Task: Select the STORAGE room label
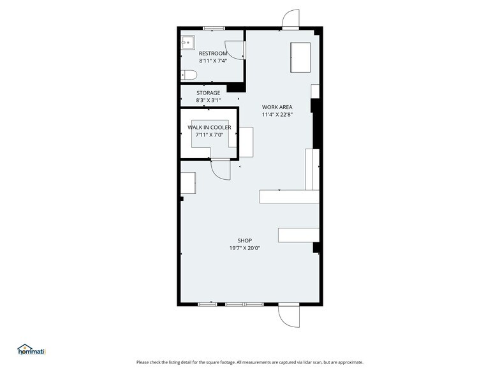point(208,93)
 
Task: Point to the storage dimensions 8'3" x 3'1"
point(208,100)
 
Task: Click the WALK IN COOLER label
point(209,128)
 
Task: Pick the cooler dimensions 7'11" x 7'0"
point(209,135)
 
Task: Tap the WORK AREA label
point(277,107)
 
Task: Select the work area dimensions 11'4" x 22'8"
point(277,114)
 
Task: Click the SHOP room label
point(245,240)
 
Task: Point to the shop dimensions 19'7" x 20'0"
point(245,248)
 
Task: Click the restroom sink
point(187,43)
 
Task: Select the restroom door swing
point(235,50)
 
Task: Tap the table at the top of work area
point(300,57)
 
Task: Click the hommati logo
point(32,349)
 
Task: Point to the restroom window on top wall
point(213,28)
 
